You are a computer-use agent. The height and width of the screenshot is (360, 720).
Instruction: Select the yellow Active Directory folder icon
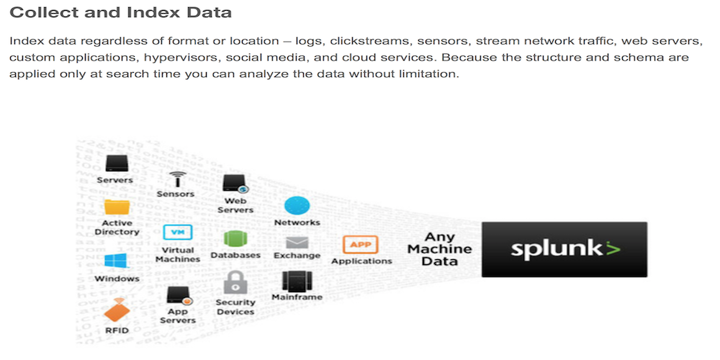117,207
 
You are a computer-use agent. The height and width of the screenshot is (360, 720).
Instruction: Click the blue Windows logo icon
115,261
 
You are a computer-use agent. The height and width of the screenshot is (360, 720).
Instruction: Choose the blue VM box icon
178,233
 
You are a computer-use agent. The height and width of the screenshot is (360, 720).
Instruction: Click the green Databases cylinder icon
235,239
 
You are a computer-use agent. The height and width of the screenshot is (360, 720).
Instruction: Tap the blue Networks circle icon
297,206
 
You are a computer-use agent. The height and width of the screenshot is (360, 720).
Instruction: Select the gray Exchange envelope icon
297,243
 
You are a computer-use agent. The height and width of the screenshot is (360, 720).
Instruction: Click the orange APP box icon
361,245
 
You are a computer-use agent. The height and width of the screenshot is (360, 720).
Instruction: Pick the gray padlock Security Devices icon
235,283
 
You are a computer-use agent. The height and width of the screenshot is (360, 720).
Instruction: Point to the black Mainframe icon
297,281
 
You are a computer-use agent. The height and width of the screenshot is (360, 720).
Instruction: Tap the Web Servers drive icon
236,184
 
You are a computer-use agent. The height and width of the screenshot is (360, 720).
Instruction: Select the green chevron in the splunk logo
612,248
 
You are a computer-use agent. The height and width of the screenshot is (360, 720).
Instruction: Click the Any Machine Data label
439,249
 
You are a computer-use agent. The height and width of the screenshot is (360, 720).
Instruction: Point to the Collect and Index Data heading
121,12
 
